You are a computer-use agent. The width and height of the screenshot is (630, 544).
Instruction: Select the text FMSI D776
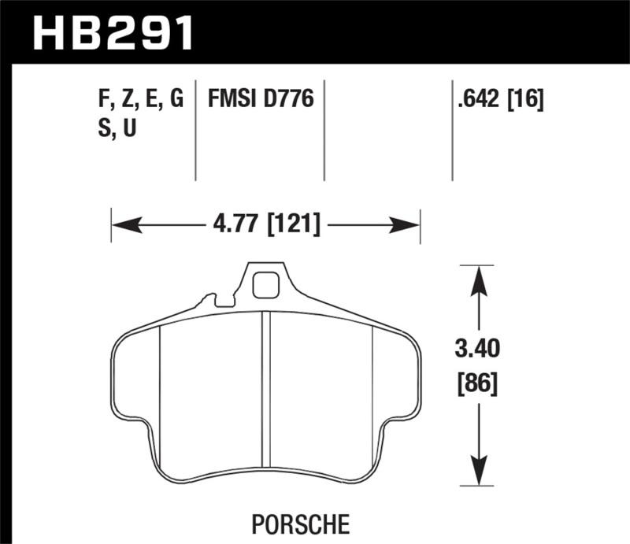[x=260, y=100]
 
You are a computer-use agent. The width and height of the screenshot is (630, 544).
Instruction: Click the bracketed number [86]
[x=478, y=384]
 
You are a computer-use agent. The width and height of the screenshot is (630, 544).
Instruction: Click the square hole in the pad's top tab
[x=266, y=284]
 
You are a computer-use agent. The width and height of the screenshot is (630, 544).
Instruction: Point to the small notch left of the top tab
[x=211, y=299]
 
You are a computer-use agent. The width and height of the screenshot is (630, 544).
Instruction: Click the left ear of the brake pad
[x=130, y=378]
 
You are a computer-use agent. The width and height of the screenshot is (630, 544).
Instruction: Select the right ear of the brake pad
[x=402, y=378]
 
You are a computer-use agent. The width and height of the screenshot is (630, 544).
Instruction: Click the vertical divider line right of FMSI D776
[x=324, y=130]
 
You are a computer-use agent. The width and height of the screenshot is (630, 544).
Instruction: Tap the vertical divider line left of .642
[x=452, y=130]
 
